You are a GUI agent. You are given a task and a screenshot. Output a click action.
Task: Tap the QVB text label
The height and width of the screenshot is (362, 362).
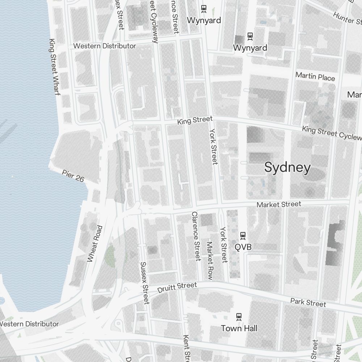(x=243, y=247)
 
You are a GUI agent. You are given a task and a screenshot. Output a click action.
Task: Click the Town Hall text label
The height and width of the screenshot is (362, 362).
(x=239, y=328)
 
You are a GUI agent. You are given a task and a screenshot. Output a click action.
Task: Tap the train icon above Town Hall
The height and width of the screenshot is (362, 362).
(x=239, y=316)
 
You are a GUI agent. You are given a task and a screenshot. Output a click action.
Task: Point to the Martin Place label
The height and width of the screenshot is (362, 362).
(x=315, y=76)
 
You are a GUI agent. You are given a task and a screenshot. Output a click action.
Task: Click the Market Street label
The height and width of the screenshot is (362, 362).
(x=279, y=205)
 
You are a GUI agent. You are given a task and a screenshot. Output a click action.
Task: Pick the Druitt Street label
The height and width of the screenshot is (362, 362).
(x=177, y=288)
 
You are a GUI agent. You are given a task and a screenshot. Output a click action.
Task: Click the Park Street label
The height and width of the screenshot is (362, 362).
(x=308, y=302)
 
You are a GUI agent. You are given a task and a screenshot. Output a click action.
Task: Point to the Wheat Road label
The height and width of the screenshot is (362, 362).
(x=95, y=244)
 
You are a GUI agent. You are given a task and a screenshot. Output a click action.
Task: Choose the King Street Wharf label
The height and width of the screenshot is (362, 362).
(x=54, y=67)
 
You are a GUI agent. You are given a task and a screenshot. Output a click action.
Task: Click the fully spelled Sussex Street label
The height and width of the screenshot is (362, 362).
(x=144, y=283)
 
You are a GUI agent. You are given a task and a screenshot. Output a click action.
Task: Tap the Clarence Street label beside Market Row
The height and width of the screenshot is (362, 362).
(x=196, y=236)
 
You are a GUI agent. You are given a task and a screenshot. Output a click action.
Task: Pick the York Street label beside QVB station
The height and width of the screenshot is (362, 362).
(x=224, y=245)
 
